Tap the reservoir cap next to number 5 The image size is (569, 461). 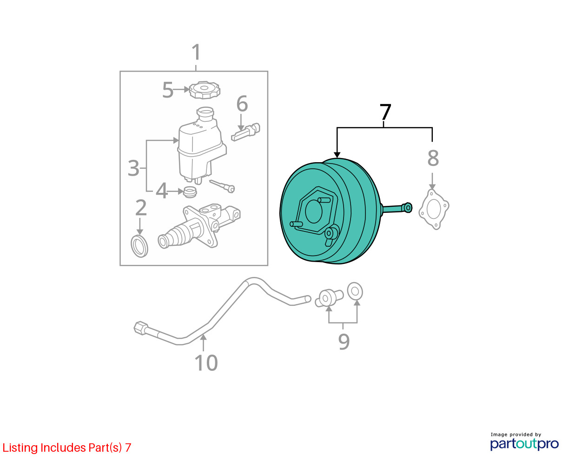click(205, 90)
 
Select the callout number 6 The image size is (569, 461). click(242, 104)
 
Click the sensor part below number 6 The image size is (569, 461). click(245, 132)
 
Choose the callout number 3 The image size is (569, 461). click(133, 168)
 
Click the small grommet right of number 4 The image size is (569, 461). click(191, 192)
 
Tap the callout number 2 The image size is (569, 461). click(141, 208)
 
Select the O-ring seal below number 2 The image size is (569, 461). click(139, 246)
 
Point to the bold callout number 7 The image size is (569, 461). click(385, 112)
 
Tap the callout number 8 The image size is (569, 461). click(433, 158)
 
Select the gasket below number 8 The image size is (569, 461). click(434, 209)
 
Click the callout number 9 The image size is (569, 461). click(344, 342)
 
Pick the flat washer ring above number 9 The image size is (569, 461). click(355, 291)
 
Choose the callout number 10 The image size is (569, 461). click(206, 363)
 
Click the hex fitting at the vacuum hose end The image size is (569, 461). click(140, 328)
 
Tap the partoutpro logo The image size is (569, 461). click(524, 444)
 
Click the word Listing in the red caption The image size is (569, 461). click(20, 448)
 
